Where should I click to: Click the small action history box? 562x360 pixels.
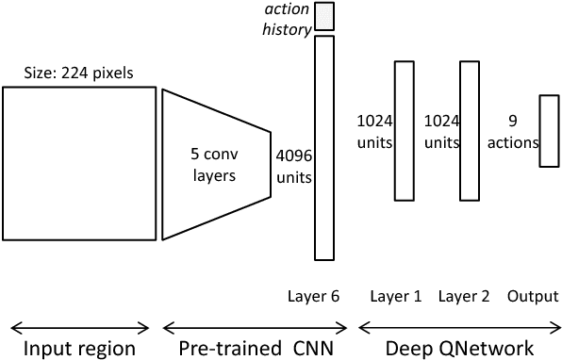pyautogui.click(x=324, y=15)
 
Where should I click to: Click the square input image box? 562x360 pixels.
pyautogui.click(x=79, y=163)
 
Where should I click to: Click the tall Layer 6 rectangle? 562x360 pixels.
pyautogui.click(x=324, y=147)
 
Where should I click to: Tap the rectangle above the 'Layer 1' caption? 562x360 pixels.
pyautogui.click(x=404, y=130)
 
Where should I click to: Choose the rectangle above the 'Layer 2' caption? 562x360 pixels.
pyautogui.click(x=470, y=130)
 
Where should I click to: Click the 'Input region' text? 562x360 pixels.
pyautogui.click(x=79, y=348)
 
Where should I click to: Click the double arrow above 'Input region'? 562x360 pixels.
pyautogui.click(x=79, y=327)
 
